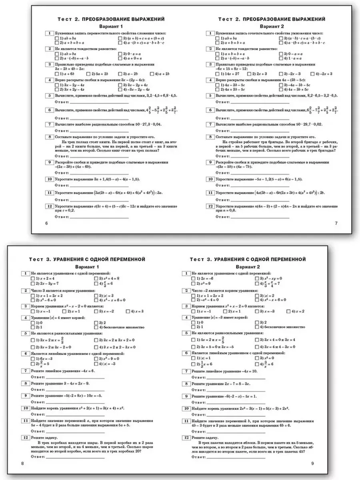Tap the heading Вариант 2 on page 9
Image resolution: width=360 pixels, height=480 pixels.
248,266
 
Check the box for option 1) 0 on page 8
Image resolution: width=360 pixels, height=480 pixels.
33,322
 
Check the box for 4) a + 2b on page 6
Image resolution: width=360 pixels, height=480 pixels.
152,74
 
